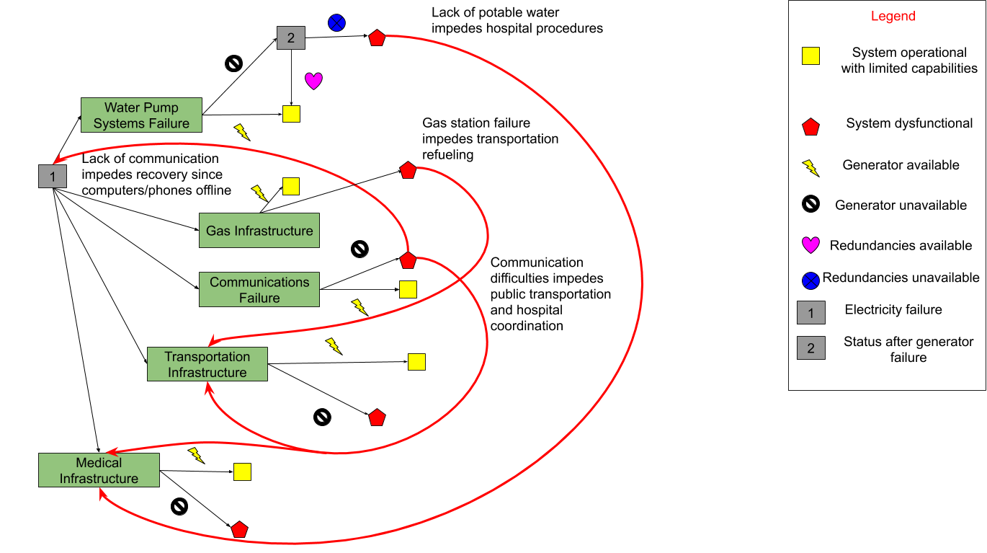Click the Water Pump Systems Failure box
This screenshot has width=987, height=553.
141,115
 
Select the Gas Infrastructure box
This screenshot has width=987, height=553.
259,231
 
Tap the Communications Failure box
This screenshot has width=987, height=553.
259,290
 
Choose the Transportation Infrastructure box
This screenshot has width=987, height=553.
207,364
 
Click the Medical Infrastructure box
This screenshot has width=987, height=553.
99,470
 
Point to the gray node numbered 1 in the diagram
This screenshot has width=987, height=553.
53,177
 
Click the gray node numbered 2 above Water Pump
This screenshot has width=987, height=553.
291,38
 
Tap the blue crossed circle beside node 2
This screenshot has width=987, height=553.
336,23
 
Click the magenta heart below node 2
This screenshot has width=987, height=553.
313,81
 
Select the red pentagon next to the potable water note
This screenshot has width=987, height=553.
378,38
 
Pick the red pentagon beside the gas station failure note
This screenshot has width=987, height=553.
408,170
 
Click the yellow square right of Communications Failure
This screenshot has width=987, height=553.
408,290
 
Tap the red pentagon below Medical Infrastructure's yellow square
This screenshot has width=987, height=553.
240,529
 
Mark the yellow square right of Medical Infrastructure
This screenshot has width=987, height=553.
242,472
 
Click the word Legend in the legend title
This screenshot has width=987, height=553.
893,16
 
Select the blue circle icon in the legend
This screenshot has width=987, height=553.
810,281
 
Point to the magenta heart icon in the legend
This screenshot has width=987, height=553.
810,245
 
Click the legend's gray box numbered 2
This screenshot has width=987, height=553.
811,348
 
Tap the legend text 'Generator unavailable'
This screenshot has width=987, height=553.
901,205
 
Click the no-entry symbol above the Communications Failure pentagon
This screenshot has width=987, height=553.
359,249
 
